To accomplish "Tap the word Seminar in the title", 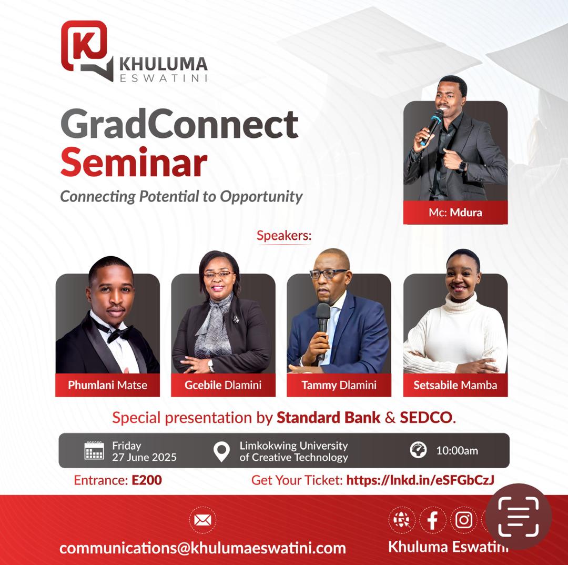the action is pos(134,162).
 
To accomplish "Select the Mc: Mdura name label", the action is pos(455,213).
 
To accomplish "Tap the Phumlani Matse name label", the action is pos(108,385).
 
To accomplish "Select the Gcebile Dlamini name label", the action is pos(223,385).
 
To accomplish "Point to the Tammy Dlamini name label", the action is pos(339,385).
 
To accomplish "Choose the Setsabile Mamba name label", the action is pos(455,385).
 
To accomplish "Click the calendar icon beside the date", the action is pos(94,450).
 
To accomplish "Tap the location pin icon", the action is pos(221,451).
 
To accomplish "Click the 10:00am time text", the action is pos(457,450).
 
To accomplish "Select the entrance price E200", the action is pos(147,480).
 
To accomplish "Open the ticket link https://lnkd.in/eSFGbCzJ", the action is pos(420,480).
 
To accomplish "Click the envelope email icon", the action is pos(203,520).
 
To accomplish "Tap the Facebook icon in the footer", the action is pos(432,520).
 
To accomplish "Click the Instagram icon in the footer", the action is pos(464,520).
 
